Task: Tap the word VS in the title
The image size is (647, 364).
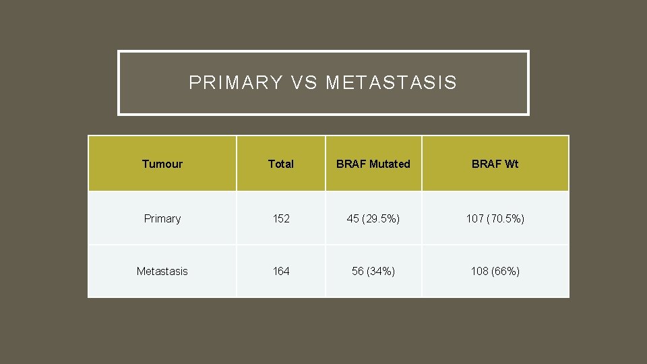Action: click(304, 83)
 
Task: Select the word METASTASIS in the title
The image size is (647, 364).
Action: click(391, 83)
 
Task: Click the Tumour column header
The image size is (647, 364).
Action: click(162, 164)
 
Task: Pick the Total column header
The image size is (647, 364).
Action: click(280, 164)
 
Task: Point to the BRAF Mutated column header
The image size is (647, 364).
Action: click(373, 164)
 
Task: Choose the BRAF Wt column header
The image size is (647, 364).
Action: click(495, 164)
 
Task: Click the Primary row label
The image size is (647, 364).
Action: click(162, 218)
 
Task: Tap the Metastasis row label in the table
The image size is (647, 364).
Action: click(162, 271)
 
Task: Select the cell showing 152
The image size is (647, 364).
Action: click(280, 218)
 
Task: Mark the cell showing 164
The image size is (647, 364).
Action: click(280, 271)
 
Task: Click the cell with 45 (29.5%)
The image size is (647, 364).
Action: click(373, 218)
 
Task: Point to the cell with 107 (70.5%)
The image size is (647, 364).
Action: click(495, 218)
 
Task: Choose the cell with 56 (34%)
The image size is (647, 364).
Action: click(373, 271)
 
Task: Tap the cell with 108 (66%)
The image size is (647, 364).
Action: click(495, 271)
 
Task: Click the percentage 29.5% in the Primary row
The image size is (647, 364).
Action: click(381, 218)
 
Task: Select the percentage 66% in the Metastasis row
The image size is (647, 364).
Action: click(505, 271)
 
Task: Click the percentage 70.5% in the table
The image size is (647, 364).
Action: click(506, 218)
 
